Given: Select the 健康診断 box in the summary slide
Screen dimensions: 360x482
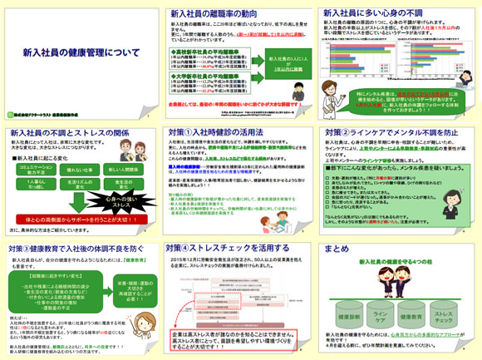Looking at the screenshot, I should pos(342,317).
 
